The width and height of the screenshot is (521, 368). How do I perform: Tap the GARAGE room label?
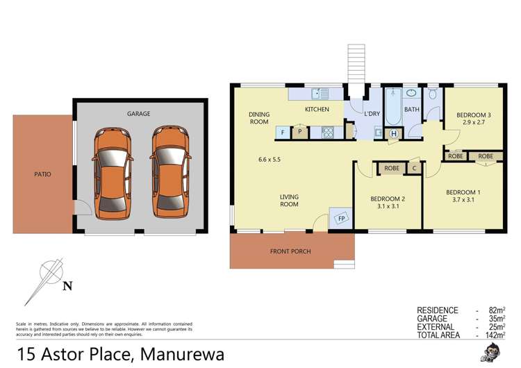[138, 114]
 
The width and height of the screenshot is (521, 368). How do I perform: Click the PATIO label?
[42, 174]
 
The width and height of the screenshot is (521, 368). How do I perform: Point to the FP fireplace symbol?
[341, 218]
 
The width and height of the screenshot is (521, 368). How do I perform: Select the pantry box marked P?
[300, 131]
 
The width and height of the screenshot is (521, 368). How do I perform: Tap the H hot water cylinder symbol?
[394, 133]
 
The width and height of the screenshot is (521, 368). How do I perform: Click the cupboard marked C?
[414, 167]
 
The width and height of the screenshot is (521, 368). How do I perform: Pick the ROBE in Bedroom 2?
[392, 167]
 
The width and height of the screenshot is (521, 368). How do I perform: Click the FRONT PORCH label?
[290, 251]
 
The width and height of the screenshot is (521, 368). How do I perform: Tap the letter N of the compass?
[67, 285]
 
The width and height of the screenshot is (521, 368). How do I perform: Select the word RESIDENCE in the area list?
[438, 310]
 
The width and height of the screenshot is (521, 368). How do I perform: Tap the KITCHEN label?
[317, 110]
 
